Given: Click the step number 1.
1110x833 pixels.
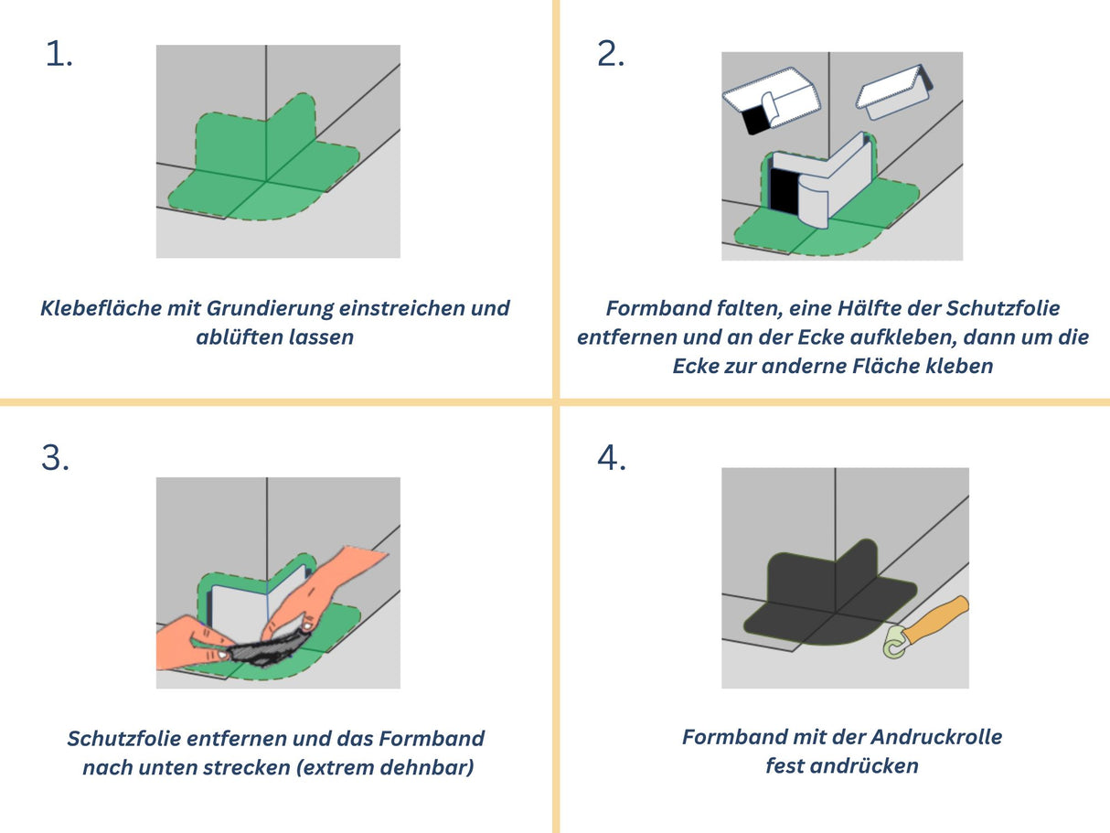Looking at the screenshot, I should pyautogui.click(x=59, y=55).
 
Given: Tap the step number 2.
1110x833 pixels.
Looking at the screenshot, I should pyautogui.click(x=611, y=55).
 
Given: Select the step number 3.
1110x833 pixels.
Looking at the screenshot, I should pyautogui.click(x=55, y=458).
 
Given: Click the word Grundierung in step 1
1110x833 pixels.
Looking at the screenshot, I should pyautogui.click(x=264, y=308).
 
